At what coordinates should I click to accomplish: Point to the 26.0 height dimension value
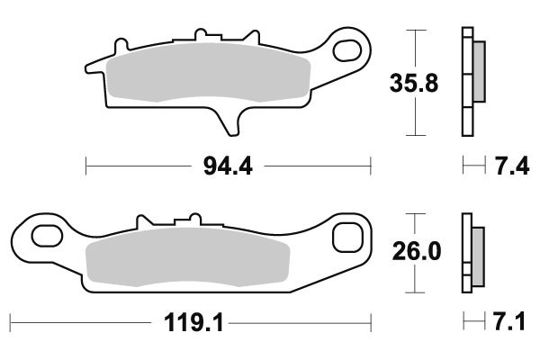(415, 253)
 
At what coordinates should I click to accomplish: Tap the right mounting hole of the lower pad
(345, 238)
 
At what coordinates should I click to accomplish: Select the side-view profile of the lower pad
(470, 253)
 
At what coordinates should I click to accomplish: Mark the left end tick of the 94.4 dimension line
(85, 166)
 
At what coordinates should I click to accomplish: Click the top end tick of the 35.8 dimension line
(415, 30)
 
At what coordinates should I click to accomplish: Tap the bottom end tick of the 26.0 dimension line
(415, 292)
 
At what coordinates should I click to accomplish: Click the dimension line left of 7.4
(469, 166)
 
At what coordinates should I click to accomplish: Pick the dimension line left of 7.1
(469, 321)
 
